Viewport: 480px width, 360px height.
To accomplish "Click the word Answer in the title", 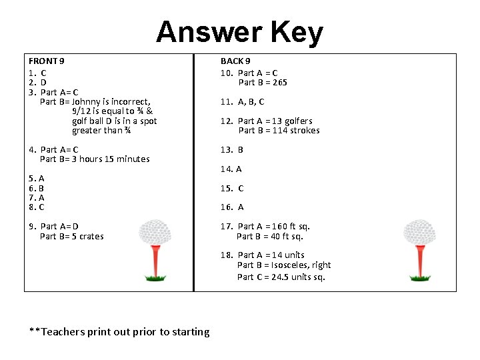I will click(x=210, y=32).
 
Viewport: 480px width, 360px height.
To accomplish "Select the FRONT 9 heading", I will click(x=47, y=61).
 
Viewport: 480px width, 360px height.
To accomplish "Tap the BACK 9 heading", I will click(x=235, y=61).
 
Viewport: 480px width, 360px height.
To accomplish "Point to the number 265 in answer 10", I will click(x=279, y=83).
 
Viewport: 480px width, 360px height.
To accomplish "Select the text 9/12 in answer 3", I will click(x=83, y=111).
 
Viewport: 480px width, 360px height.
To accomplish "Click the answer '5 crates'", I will click(x=87, y=237).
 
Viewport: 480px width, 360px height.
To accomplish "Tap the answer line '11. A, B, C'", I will click(x=242, y=102).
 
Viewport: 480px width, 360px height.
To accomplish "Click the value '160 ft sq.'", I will click(x=291, y=227).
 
